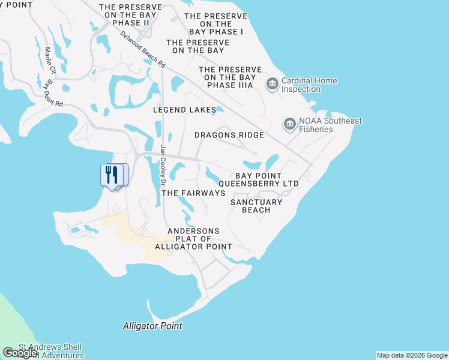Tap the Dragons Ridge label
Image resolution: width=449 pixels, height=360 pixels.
[x=229, y=135]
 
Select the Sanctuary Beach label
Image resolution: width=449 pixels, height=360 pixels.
[x=256, y=206]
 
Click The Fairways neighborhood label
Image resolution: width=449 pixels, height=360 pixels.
[x=193, y=193]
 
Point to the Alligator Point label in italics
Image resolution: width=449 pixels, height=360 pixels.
[x=152, y=326]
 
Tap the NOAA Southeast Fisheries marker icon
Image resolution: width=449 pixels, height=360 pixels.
[x=290, y=124]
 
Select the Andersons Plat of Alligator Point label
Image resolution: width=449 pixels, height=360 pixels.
[x=193, y=239]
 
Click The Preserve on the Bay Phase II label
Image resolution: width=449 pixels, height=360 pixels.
[x=130, y=15]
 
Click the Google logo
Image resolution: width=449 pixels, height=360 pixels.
[x=20, y=353]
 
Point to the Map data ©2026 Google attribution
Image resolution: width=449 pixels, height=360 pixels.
[x=412, y=355]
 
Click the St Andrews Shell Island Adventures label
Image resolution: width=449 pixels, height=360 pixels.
[x=50, y=352]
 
